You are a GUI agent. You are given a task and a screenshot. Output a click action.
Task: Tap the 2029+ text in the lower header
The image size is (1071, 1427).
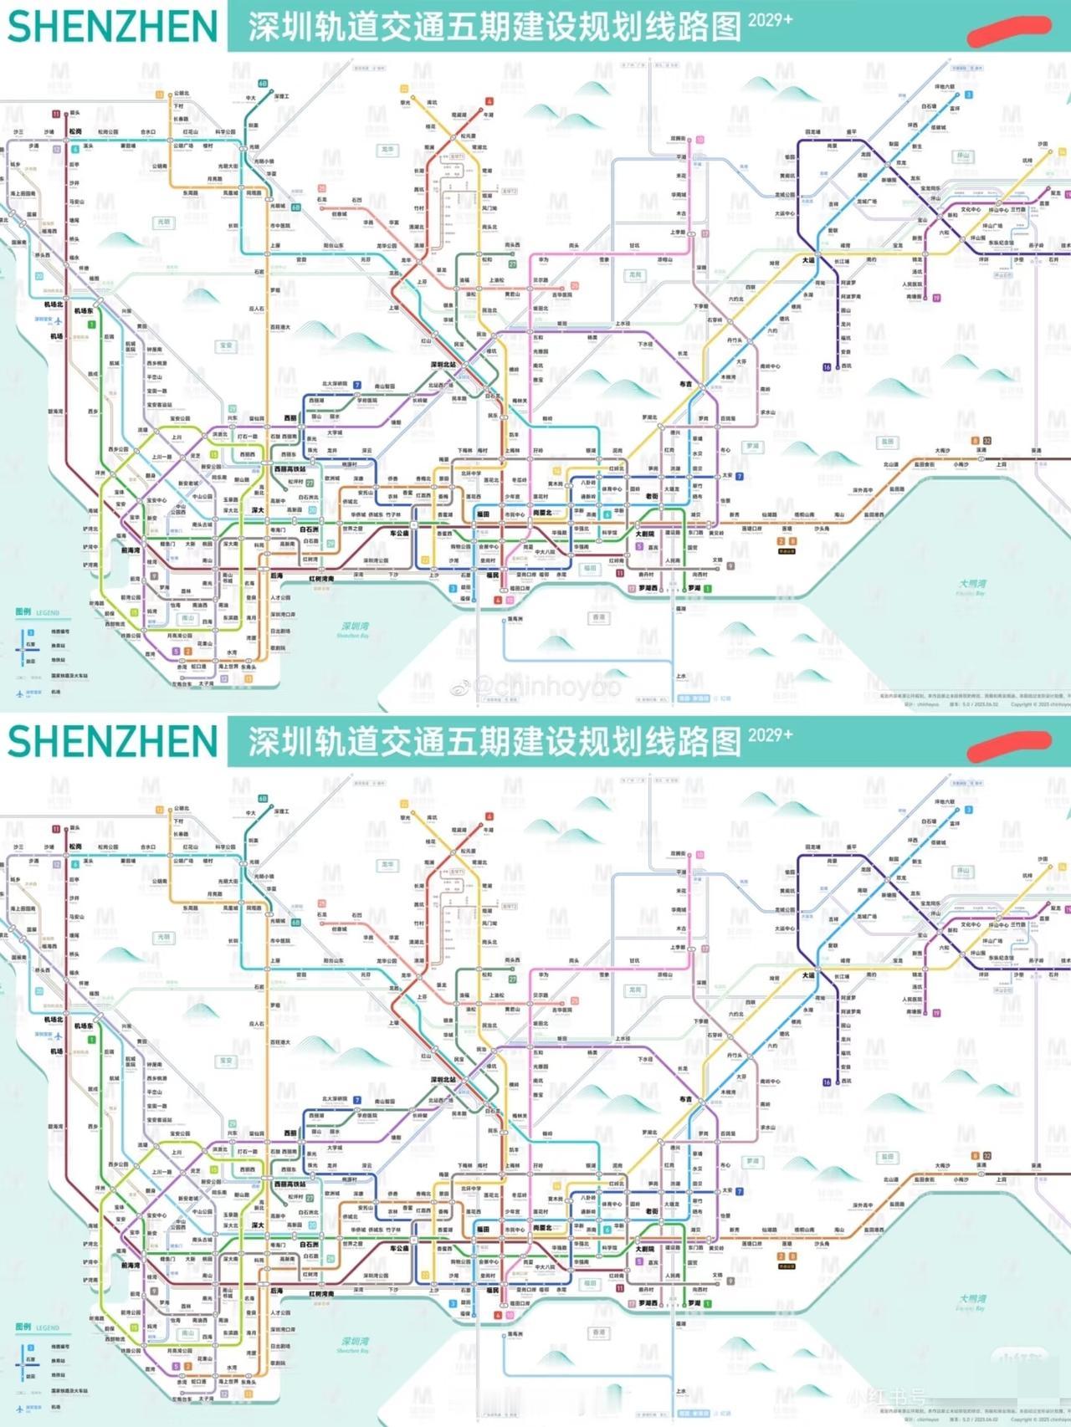[770, 735]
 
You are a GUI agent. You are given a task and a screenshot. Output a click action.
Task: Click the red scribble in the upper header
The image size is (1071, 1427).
[1008, 30]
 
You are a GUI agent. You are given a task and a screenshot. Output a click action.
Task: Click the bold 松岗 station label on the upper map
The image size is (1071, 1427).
[75, 131]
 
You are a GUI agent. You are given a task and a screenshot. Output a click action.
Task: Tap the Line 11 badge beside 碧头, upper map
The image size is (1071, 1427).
[56, 114]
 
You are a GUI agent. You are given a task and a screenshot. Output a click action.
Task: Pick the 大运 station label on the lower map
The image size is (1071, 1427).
[807, 975]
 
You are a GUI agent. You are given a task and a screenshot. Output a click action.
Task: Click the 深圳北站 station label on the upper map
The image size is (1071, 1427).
[443, 366]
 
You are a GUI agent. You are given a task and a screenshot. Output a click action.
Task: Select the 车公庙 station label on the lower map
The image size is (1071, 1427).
[399, 1248]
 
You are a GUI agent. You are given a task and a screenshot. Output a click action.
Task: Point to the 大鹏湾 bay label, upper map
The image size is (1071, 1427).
[973, 585]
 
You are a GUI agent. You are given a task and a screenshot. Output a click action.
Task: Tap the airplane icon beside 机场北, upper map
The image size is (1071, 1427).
[59, 319]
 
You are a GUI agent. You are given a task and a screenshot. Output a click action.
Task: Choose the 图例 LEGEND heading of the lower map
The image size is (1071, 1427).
[38, 1327]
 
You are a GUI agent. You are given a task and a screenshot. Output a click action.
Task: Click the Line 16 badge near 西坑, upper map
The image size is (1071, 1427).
[827, 367]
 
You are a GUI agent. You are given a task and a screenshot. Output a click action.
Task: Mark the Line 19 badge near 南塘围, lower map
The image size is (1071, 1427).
[936, 1013]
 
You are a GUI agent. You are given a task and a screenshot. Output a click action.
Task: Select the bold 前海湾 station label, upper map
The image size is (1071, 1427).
[130, 550]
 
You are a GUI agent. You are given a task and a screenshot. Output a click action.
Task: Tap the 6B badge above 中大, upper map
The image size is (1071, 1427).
[262, 84]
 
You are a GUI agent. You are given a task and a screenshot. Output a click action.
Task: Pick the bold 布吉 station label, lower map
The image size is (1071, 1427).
[685, 1099]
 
